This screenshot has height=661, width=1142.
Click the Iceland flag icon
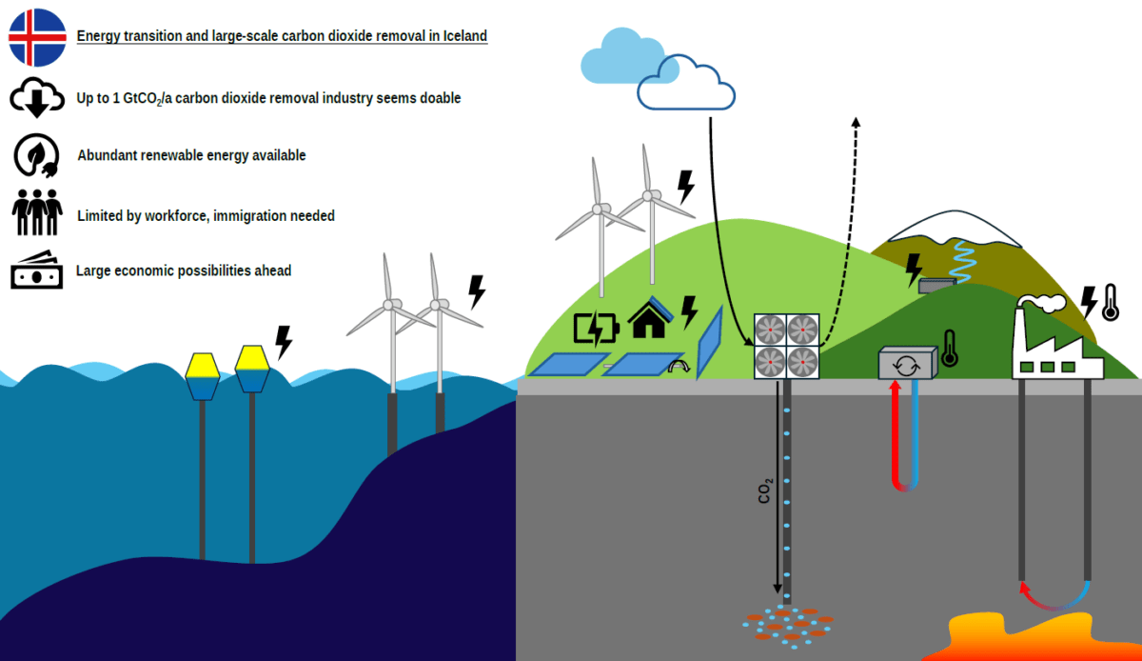(x=37, y=37)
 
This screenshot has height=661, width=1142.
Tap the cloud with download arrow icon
(x=37, y=97)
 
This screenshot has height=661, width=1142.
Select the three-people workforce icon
(x=37, y=213)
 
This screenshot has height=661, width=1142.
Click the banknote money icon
(x=37, y=271)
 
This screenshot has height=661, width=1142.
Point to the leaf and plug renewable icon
(x=37, y=155)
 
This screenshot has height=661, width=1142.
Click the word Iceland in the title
(x=464, y=36)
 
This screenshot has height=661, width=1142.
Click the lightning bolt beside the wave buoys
(x=283, y=342)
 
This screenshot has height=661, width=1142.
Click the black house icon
(x=650, y=320)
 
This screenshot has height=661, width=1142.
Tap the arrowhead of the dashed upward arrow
(x=855, y=122)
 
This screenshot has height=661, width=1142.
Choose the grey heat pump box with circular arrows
(x=907, y=363)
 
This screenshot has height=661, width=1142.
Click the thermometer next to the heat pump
(x=949, y=349)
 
